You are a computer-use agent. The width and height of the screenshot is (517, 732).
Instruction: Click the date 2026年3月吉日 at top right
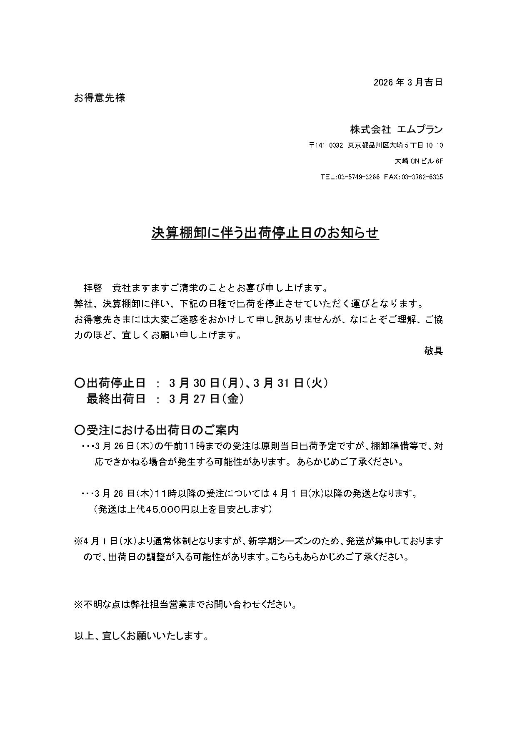(407, 82)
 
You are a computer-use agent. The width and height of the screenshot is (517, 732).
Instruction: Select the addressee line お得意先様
(100, 98)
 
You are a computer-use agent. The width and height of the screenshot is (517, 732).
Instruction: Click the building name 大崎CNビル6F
(418, 161)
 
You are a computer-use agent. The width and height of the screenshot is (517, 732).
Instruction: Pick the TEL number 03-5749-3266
(358, 177)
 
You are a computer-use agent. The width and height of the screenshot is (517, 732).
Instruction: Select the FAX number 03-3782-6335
(422, 177)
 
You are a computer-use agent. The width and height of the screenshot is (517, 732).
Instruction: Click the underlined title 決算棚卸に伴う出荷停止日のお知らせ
(265, 233)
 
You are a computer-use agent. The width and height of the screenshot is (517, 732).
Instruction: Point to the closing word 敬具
(433, 351)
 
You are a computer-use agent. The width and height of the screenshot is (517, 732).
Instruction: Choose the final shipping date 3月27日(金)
(206, 399)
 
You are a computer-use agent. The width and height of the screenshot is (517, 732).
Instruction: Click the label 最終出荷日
(116, 399)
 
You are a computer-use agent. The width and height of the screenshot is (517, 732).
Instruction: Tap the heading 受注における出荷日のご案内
(162, 430)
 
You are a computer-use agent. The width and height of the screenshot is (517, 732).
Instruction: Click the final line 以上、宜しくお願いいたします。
(141, 636)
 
